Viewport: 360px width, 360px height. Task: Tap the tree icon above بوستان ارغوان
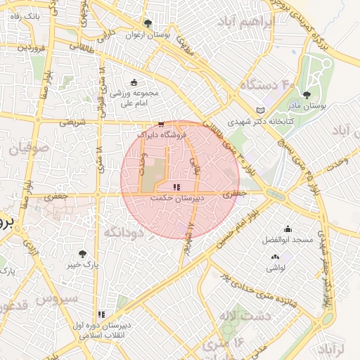(x=147, y=23)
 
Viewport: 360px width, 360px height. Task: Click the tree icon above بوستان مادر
(x=306, y=95)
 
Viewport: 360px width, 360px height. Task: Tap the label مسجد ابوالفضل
(x=288, y=240)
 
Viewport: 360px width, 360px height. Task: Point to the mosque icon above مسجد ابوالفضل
(x=288, y=229)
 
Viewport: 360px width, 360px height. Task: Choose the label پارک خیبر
(x=83, y=265)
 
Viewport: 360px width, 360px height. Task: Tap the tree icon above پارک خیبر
(x=83, y=254)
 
